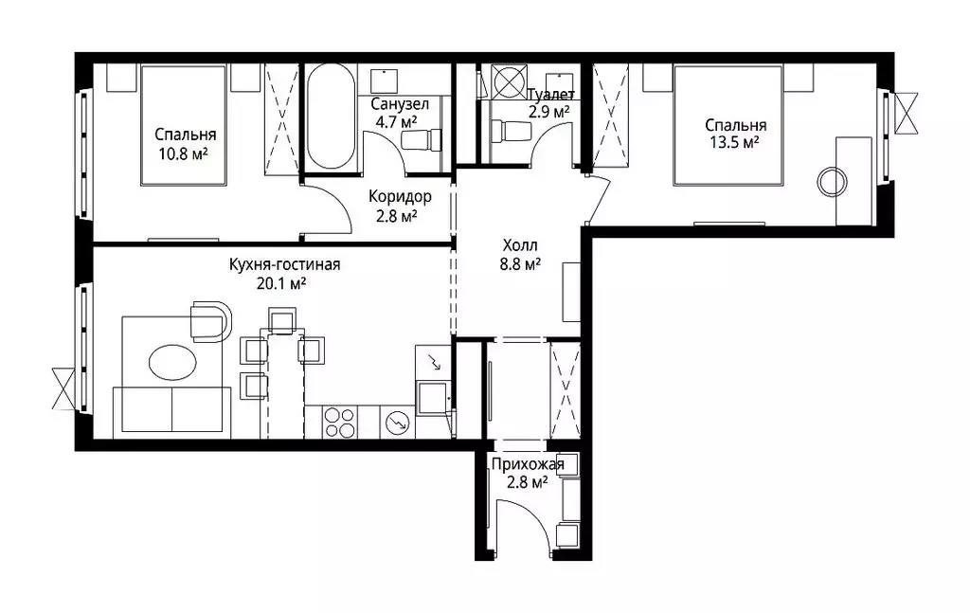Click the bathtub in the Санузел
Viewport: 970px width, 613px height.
point(331,117)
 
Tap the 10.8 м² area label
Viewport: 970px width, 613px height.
point(183,153)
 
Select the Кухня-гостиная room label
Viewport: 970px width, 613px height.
point(284,264)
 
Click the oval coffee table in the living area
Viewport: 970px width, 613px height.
point(172,362)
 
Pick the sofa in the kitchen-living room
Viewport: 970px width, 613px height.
point(171,409)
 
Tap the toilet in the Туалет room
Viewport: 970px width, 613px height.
point(511,131)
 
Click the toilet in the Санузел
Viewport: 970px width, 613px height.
point(422,138)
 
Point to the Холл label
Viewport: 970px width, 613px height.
point(520,245)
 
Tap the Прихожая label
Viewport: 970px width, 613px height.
point(528,464)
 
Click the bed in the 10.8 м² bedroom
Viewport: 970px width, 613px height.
point(183,125)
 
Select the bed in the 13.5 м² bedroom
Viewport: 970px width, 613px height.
point(728,125)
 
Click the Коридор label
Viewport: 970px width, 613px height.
point(401,197)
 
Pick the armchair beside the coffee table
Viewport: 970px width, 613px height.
point(211,321)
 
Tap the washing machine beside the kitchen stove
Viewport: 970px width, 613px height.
point(397,422)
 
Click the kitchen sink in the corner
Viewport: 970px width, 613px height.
point(433,398)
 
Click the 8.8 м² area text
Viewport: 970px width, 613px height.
point(520,264)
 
